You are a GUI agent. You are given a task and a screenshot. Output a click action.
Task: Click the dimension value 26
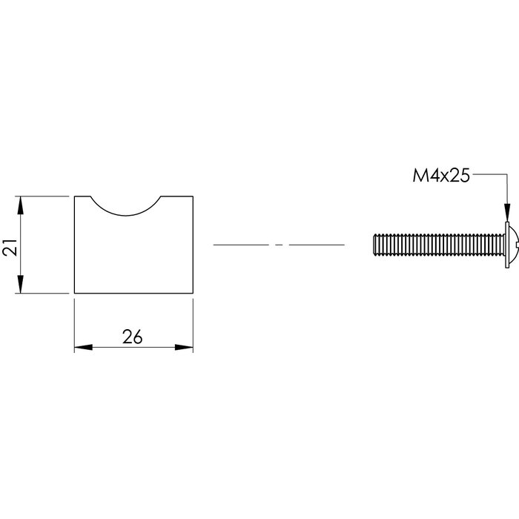coord(133,337)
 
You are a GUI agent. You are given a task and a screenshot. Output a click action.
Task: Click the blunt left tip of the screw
coord(373,245)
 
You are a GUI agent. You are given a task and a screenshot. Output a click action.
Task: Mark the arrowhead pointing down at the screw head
coord(507,213)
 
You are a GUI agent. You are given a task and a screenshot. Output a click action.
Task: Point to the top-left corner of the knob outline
coord(74,196)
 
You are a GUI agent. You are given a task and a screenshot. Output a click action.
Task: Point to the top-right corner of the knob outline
coord(194,196)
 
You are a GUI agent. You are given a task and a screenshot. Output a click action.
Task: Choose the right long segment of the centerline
coord(317,245)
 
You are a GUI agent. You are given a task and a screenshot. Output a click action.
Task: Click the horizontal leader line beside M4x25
coord(489,176)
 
